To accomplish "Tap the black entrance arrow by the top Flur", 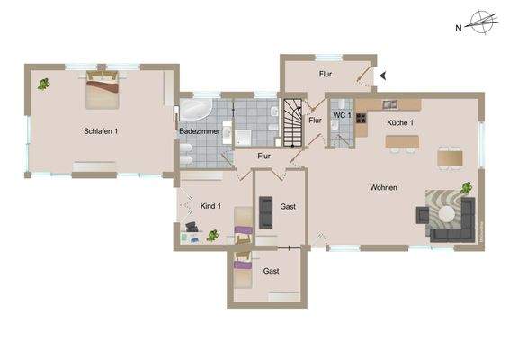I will coord(382,76).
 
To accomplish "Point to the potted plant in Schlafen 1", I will coord(43,84).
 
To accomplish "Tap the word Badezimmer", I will coord(195,131).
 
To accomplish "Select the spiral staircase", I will coord(294,121).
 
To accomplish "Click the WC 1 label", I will coord(341,116).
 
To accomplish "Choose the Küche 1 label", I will coord(399,121).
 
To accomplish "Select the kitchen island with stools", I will coord(404,141).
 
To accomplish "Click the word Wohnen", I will coord(383,187).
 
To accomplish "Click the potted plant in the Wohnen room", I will coord(467,187).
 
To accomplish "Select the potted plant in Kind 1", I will coord(212,236).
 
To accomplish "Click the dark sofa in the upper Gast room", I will coord(266,211).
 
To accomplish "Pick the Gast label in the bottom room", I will coord(271,270).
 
